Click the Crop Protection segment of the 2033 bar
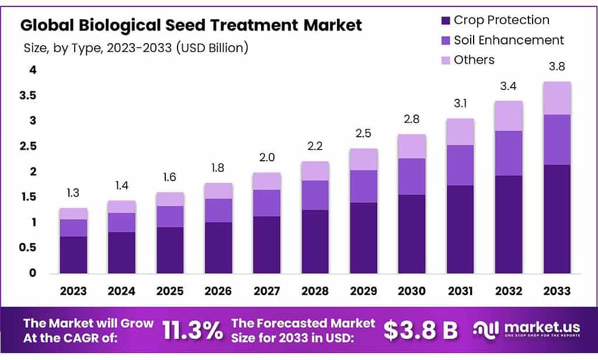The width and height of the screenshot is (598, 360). [x=557, y=219]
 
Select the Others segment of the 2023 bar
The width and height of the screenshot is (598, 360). [x=73, y=213]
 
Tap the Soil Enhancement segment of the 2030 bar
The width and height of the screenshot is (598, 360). [x=412, y=176]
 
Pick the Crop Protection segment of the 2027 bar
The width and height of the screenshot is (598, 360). [x=267, y=244]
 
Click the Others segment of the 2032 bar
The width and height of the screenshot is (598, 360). [x=509, y=116]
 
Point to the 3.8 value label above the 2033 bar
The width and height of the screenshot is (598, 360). [x=557, y=66]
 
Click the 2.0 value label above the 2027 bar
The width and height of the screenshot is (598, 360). [x=267, y=157]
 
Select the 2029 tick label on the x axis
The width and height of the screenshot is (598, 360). [x=363, y=291]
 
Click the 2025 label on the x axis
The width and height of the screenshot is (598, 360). [x=170, y=291]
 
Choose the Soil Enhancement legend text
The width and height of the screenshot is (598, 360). [x=509, y=40]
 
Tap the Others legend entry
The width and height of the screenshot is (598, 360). [x=474, y=60]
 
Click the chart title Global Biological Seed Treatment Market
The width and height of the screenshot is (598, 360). [x=191, y=25]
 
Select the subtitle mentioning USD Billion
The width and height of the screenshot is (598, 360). [x=136, y=48]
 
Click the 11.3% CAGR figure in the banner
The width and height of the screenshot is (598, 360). [x=193, y=331]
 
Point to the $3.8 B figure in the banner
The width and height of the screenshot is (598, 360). [x=420, y=331]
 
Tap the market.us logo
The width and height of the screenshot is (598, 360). [x=529, y=330]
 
